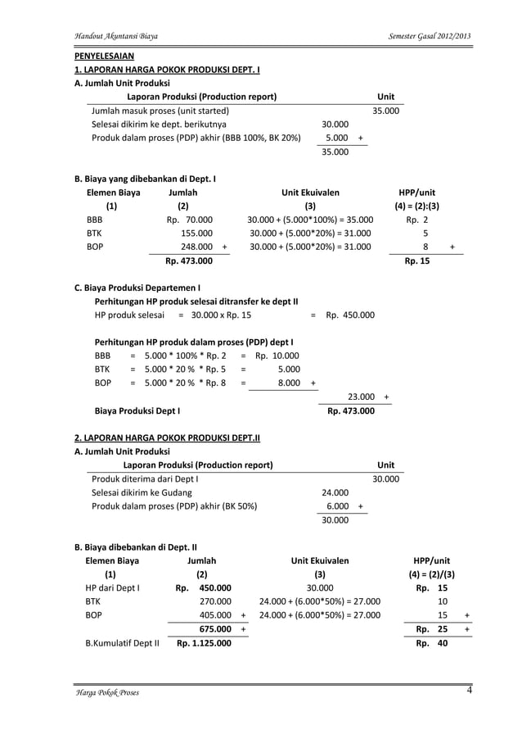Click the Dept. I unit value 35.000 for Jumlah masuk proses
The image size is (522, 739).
click(385, 111)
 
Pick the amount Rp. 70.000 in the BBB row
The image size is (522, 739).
click(190, 220)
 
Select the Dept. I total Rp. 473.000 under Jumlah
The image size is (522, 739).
click(189, 261)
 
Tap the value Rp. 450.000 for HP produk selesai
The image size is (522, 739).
click(350, 315)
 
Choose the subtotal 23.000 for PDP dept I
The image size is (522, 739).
click(361, 397)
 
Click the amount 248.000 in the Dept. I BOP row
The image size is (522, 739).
click(197, 246)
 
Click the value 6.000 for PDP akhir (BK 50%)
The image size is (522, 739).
click(336, 506)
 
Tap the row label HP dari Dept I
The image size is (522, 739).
click(113, 587)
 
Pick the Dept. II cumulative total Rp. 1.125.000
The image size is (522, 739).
click(204, 643)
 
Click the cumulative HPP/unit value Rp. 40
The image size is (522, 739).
click(432, 643)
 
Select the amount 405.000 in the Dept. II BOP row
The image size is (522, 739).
click(215, 615)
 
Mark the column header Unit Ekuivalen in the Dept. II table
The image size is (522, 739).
click(320, 560)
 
